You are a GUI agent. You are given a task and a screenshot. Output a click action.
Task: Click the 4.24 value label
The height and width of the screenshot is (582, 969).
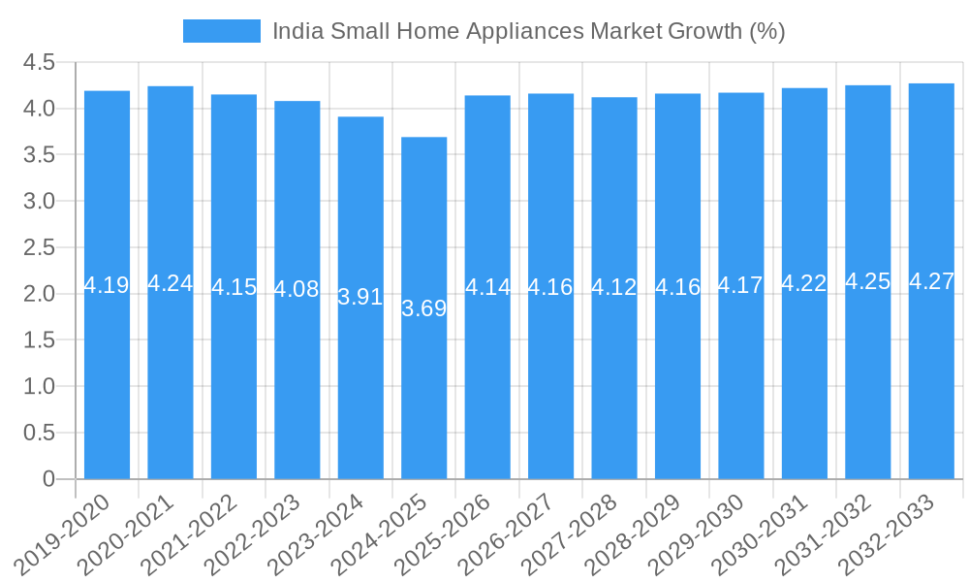tap(171, 283)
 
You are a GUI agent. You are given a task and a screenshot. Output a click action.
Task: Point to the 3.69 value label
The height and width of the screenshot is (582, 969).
tap(424, 308)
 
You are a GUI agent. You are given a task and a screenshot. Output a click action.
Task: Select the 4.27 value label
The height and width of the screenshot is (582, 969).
tap(931, 282)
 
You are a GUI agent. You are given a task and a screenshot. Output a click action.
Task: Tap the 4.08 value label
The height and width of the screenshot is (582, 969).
tap(297, 289)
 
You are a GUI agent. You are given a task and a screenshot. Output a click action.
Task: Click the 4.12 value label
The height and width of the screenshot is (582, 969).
tap(614, 287)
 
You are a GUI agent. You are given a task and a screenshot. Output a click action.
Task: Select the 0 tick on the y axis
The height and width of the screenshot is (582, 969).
tap(49, 479)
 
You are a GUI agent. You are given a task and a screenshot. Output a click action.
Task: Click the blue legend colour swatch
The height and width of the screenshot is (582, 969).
tap(222, 31)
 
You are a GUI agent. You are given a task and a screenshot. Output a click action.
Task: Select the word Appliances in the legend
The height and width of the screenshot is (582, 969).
tap(526, 31)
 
